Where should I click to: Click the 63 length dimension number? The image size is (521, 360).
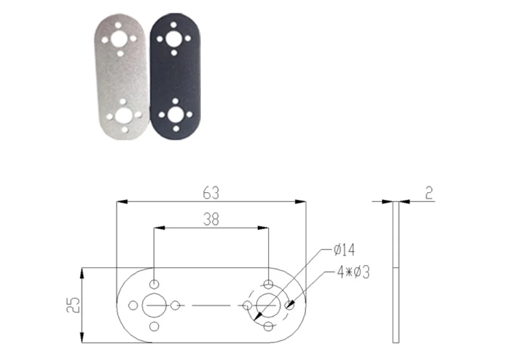pos(211,193)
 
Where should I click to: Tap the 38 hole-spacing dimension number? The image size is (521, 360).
pos(211,219)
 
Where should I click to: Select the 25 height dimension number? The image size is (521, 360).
pos(73,305)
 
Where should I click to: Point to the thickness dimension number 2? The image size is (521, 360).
pos(429,193)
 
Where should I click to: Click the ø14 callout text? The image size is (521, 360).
pos(344,250)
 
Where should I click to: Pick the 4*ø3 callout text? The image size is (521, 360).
pos(353,272)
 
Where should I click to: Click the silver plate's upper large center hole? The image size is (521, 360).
pos(119,39)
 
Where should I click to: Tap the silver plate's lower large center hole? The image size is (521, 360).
pos(123,116)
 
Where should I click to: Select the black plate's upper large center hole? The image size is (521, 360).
pos(173,39)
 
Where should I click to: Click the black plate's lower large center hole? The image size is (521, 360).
pos(175,115)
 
